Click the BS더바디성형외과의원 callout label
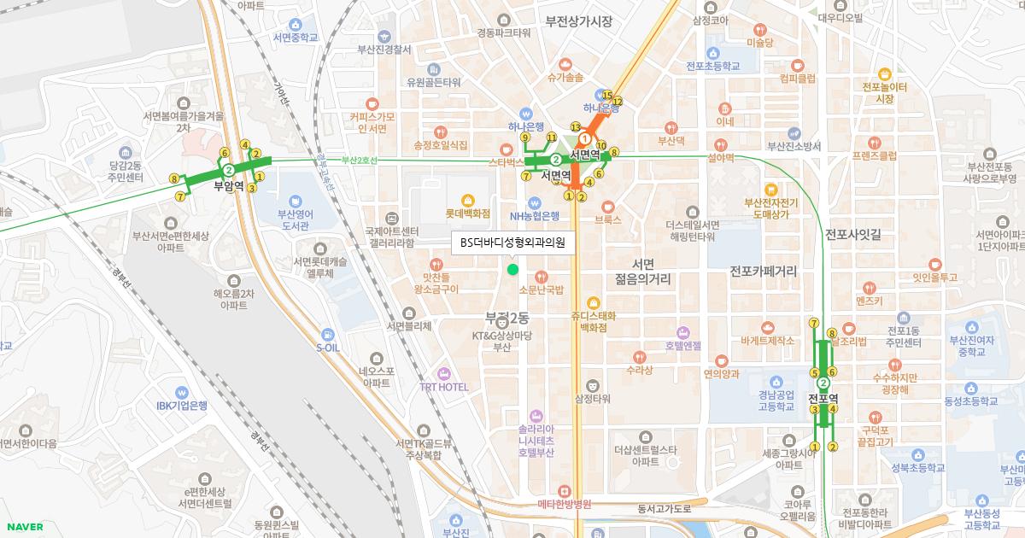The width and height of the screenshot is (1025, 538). pyautogui.click(x=512, y=243)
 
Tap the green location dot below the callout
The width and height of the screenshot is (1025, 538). pyautogui.click(x=512, y=270)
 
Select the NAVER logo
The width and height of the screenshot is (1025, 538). pyautogui.click(x=23, y=527)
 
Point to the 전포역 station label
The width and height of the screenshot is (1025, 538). pyautogui.click(x=823, y=399)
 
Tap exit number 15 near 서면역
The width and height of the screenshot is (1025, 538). pyautogui.click(x=607, y=95)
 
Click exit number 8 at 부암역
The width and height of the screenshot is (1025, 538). pyautogui.click(x=174, y=179)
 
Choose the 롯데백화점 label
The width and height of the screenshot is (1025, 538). pyautogui.click(x=468, y=213)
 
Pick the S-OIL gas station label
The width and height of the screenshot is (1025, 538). pyautogui.click(x=328, y=348)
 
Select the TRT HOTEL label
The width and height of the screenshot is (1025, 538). pyautogui.click(x=444, y=387)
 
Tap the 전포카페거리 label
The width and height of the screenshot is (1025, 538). pyautogui.click(x=763, y=272)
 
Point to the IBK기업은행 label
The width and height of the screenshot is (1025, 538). pyautogui.click(x=181, y=406)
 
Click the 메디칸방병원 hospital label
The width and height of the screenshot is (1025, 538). pyautogui.click(x=565, y=504)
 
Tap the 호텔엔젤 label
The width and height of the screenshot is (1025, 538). pyautogui.click(x=683, y=345)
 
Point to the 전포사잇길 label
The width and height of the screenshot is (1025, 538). pyautogui.click(x=853, y=233)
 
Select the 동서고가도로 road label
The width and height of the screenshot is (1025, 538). pyautogui.click(x=664, y=509)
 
